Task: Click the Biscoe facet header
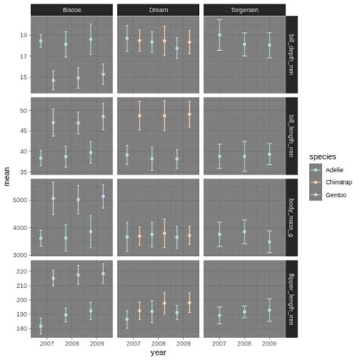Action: pos(72,9)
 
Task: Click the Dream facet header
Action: pos(158,9)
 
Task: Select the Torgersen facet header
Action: pos(245,9)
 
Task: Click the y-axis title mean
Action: pos(7,179)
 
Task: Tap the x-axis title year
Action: pos(158,352)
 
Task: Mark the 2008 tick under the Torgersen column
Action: pos(245,343)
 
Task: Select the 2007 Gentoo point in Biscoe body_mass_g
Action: pos(53,198)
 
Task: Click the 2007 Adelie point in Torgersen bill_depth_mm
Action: pos(219,35)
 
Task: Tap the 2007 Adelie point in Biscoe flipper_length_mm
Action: pos(41,327)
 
